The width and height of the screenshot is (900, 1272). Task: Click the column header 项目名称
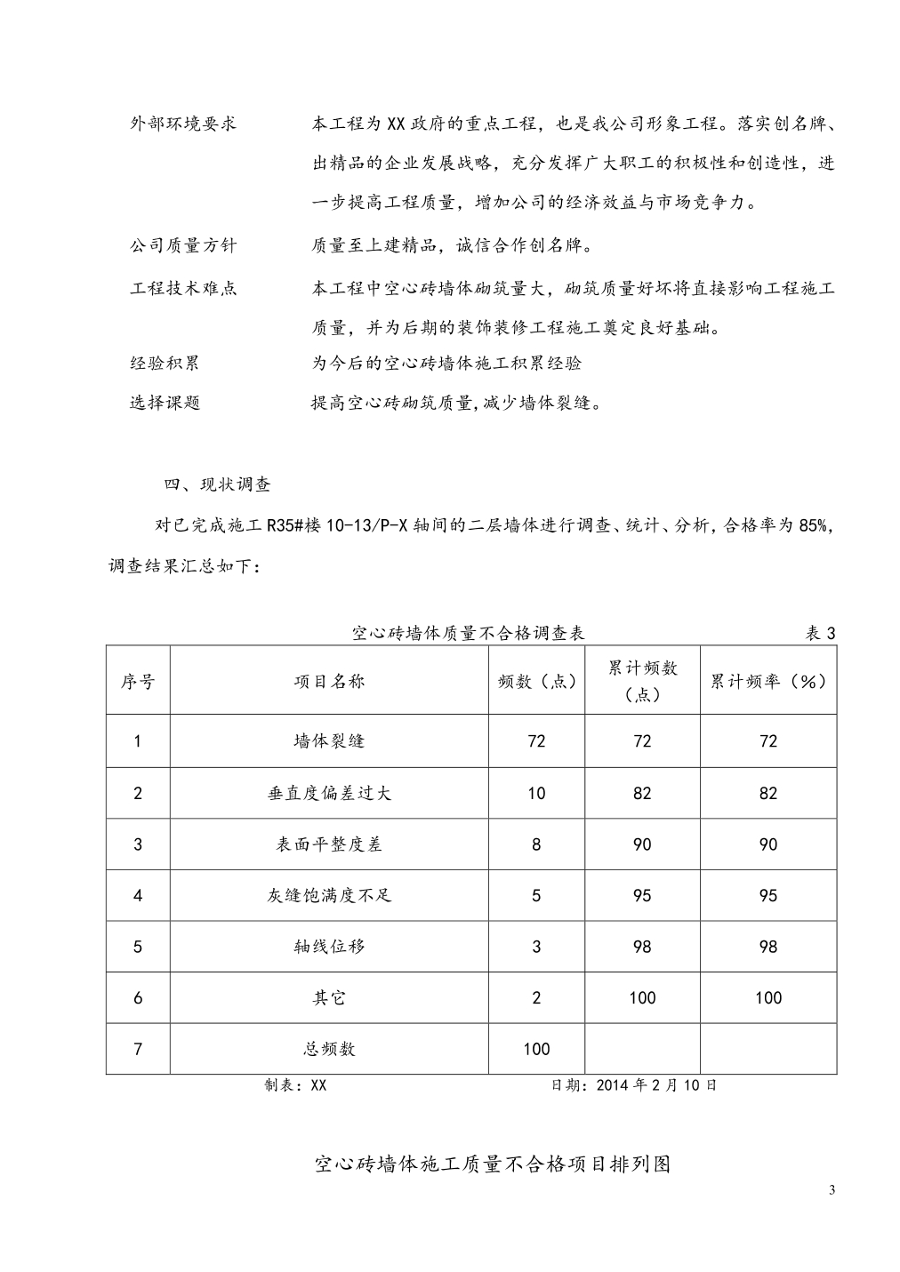(x=329, y=682)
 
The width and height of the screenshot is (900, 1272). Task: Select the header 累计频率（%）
(x=768, y=682)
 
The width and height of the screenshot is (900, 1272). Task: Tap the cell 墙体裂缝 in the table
(x=329, y=741)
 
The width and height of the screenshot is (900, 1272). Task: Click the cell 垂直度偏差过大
(x=329, y=793)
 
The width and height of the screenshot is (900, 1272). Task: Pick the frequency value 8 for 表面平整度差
(x=536, y=844)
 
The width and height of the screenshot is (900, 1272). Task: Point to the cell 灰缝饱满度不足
(x=329, y=895)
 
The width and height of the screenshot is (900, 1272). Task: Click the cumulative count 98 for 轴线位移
(x=642, y=947)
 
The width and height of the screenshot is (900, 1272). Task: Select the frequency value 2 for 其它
(x=536, y=998)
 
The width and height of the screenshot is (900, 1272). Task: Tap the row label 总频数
(x=329, y=1049)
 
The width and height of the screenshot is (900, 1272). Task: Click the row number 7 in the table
(x=138, y=1049)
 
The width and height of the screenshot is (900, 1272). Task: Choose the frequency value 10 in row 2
(x=536, y=793)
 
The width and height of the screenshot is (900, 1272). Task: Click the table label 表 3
(x=820, y=634)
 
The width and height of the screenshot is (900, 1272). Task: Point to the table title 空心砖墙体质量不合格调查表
(x=468, y=634)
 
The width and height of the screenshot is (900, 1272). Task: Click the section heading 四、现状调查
(x=218, y=484)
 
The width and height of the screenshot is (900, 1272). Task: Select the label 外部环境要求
(x=183, y=124)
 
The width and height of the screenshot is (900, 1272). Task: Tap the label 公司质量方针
(x=183, y=244)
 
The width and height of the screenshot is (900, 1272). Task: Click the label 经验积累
(x=165, y=363)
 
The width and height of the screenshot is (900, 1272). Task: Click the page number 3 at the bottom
(x=832, y=1191)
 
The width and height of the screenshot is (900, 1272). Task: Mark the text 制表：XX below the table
(x=295, y=1085)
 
